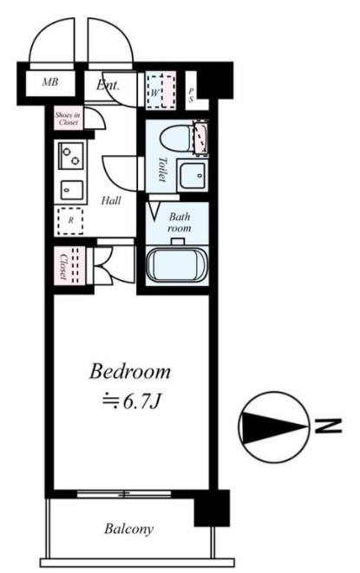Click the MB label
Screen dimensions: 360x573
(49, 81)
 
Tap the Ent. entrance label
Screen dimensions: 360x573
(108, 86)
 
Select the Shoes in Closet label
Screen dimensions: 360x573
(68, 119)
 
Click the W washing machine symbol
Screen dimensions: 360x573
(160, 91)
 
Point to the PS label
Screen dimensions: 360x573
(191, 94)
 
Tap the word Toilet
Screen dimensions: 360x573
(162, 169)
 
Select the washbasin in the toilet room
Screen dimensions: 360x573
(192, 175)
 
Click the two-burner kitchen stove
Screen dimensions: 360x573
(71, 156)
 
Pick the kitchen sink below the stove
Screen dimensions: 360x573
(72, 190)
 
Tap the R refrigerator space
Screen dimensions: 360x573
(70, 221)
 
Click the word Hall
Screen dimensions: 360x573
(111, 200)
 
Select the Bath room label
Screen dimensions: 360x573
(180, 222)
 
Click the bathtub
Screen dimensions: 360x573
(177, 265)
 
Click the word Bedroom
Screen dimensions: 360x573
(130, 372)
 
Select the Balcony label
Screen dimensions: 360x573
(128, 529)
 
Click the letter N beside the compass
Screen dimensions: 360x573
(328, 426)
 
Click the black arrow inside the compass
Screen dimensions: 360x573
(274, 426)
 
